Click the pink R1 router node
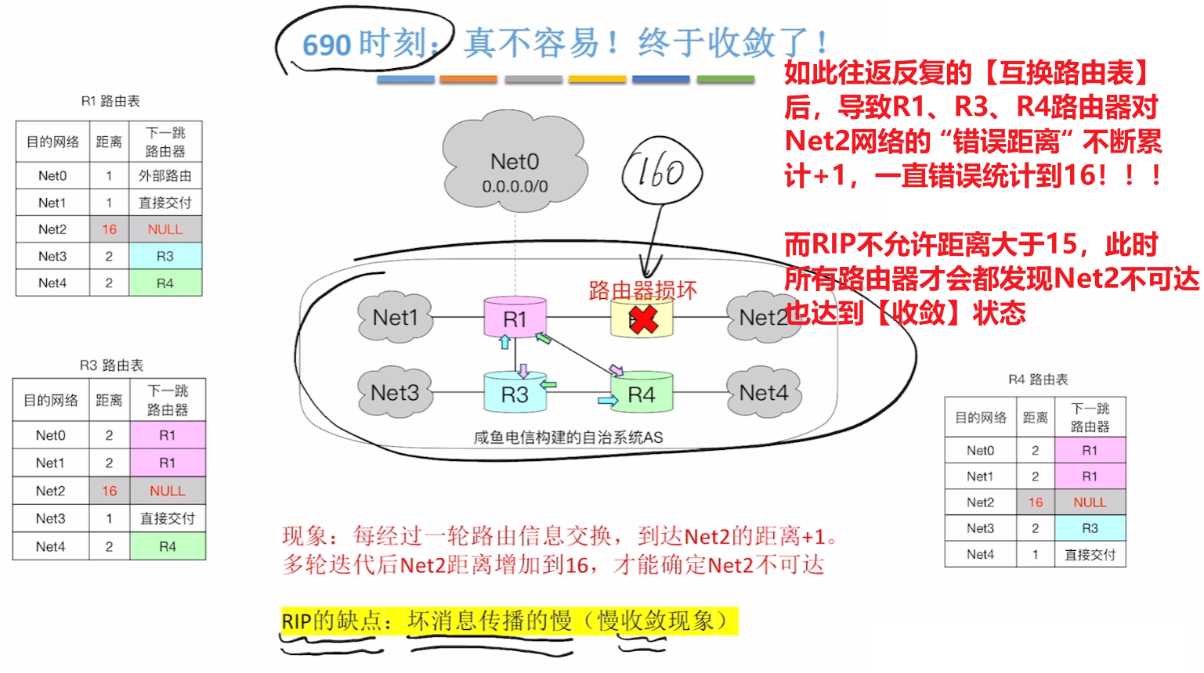515,318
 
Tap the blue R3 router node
514,394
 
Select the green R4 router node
641,394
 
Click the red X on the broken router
643,319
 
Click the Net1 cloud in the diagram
395,318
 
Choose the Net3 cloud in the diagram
394,393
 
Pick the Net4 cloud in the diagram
764,393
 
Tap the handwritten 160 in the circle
661,173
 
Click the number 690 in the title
327,45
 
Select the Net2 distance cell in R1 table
109,229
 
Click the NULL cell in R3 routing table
168,491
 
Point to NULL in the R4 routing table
1090,502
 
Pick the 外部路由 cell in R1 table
165,175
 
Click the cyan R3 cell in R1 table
165,256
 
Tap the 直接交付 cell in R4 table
1090,555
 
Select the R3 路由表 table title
111,365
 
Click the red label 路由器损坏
642,290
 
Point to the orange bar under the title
468,79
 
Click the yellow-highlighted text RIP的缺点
331,621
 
